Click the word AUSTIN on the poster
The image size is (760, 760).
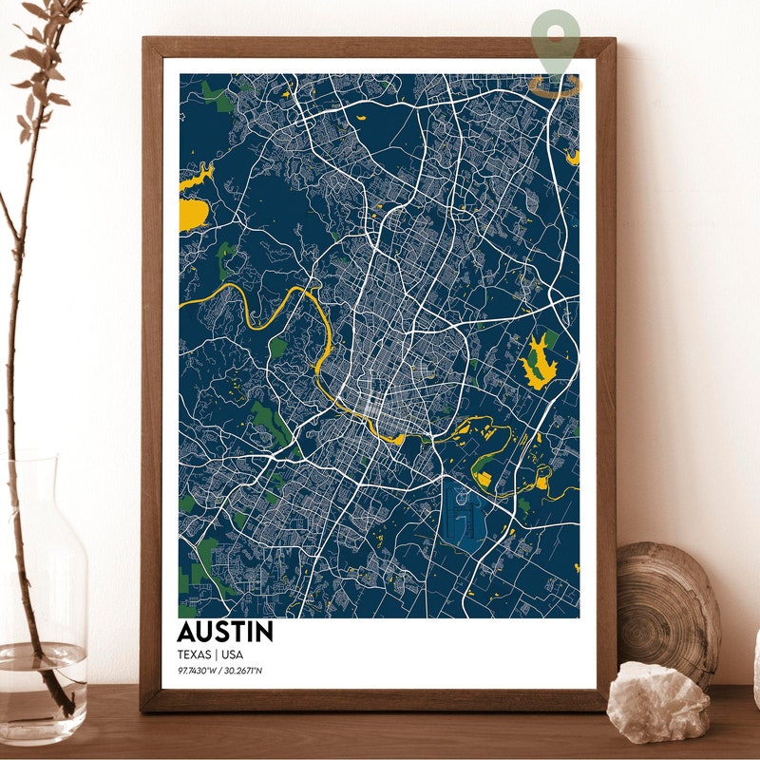pos(224,632)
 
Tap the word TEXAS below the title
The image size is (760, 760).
pos(194,654)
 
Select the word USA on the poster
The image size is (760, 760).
pos(232,654)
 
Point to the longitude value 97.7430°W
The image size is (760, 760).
pos(198,671)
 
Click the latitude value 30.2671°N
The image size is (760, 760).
pos(243,671)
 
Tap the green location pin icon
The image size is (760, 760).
pos(556,38)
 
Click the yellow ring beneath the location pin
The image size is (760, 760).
pos(556,87)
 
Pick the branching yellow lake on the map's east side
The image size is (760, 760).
pos(538,361)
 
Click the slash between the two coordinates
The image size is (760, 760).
pos(220,671)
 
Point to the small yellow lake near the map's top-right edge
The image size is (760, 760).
pos(572,156)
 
